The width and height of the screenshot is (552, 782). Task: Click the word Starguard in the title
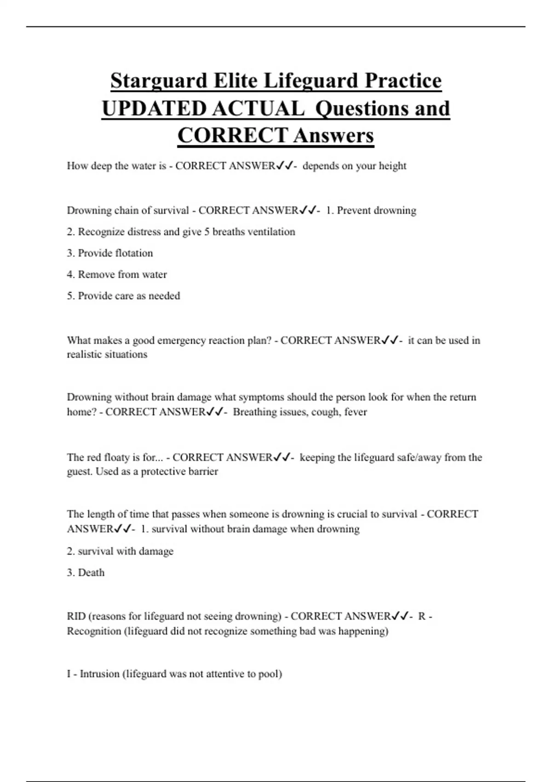[x=159, y=81]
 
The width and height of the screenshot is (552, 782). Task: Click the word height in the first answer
[x=392, y=166]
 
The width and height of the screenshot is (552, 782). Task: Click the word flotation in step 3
[x=134, y=253]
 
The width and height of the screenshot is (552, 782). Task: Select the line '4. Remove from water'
[x=117, y=274]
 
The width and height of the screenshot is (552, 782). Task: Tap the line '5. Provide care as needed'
[x=123, y=296]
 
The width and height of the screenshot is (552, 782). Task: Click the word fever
[x=356, y=412]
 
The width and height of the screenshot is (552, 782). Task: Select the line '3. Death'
[x=86, y=573]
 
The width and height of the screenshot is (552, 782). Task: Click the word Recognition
[x=94, y=631]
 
